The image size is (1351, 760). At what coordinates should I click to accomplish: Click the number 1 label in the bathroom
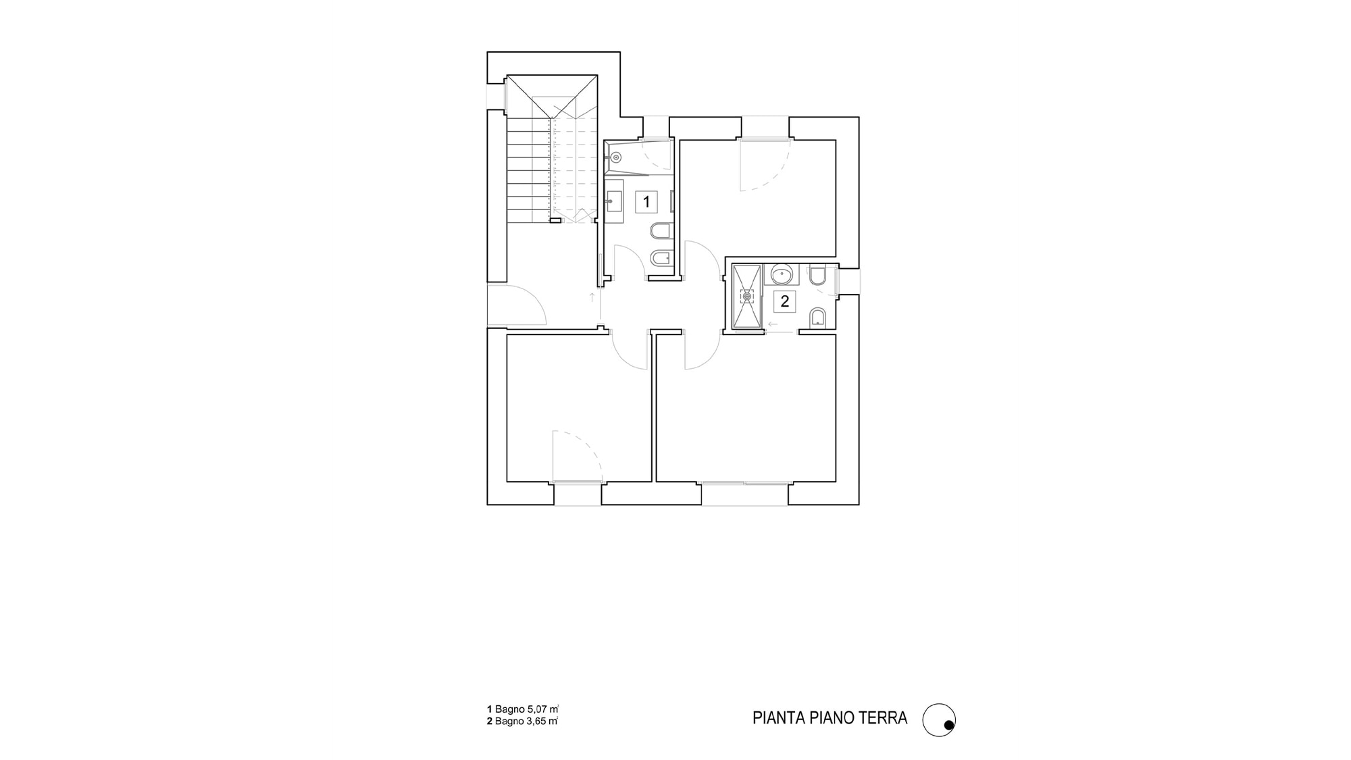click(646, 201)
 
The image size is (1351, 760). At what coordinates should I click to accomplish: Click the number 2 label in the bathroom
click(784, 301)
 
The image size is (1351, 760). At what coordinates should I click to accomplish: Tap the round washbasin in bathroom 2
click(782, 275)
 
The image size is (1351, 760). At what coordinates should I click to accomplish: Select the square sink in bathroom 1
click(614, 201)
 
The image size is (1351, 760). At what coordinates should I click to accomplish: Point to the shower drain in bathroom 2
click(746, 295)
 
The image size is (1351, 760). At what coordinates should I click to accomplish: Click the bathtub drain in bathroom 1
click(615, 157)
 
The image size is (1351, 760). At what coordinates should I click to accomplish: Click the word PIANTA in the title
click(775, 717)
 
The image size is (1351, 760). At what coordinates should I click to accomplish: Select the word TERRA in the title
click(883, 717)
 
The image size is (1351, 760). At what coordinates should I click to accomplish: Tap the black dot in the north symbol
click(948, 726)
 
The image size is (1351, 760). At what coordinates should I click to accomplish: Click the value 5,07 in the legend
click(536, 709)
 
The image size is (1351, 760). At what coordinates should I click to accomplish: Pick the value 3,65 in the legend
click(536, 721)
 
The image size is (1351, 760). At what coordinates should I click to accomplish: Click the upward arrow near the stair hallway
click(592, 300)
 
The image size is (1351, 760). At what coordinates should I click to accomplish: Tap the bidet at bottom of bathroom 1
click(660, 258)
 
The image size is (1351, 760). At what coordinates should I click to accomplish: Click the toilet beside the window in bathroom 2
click(817, 276)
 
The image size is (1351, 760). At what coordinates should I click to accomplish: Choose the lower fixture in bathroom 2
click(817, 318)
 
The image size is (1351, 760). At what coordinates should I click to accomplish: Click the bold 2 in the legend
click(489, 721)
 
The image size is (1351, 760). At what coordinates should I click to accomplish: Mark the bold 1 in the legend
click(489, 709)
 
